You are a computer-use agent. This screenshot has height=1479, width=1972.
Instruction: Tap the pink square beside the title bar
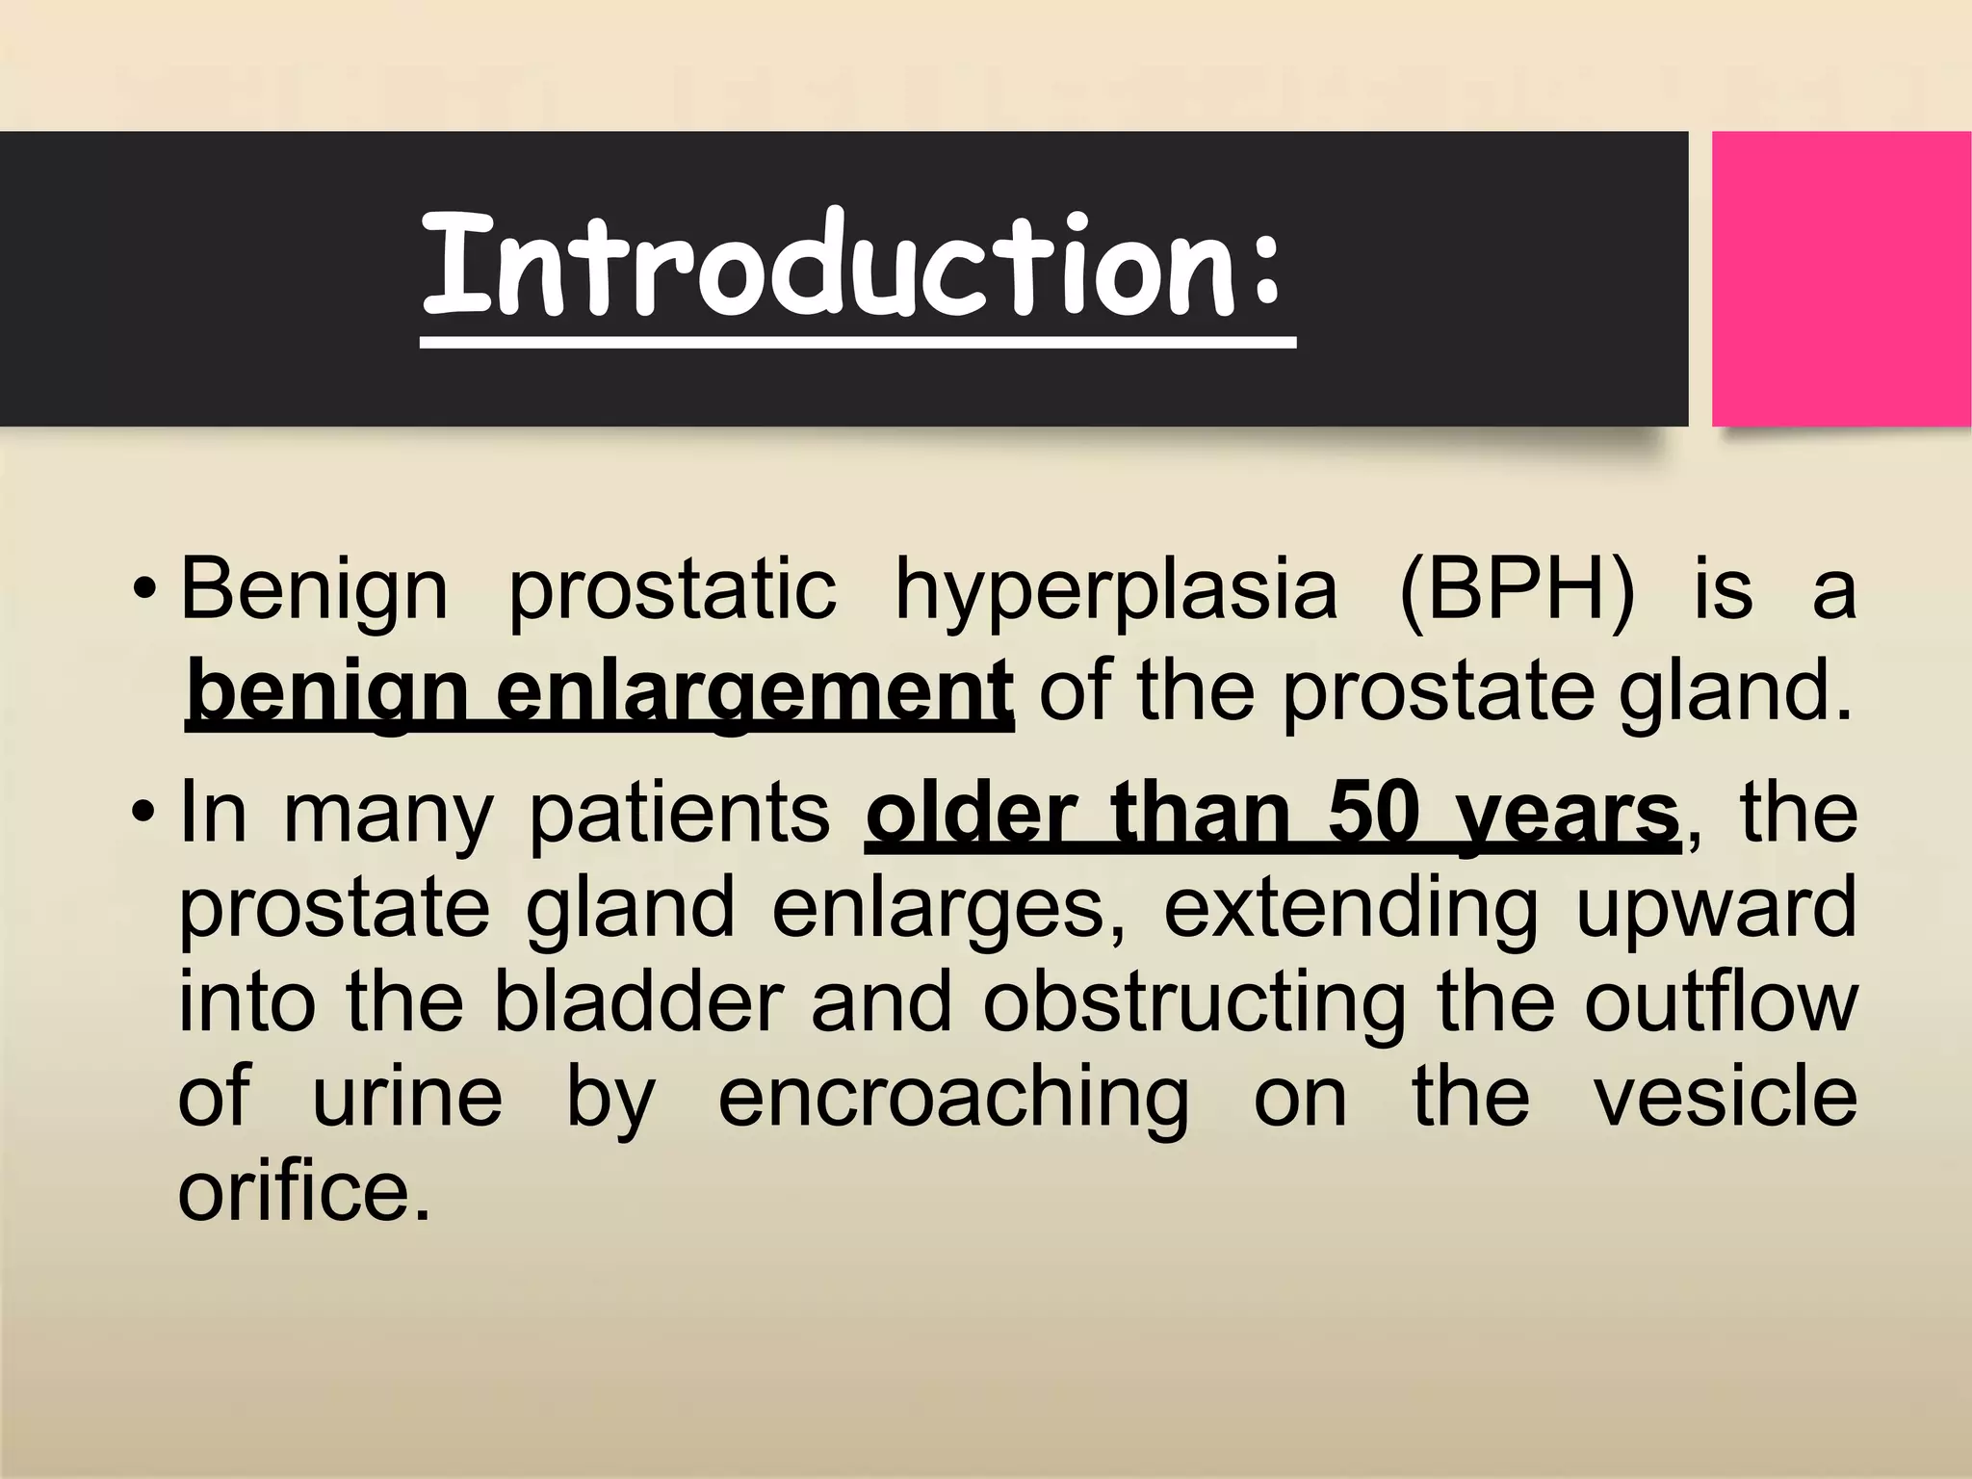pyautogui.click(x=1840, y=279)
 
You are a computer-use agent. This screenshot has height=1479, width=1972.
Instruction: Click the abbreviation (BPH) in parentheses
pyautogui.click(x=1516, y=589)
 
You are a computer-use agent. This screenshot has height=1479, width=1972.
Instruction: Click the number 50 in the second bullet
pyautogui.click(x=1373, y=814)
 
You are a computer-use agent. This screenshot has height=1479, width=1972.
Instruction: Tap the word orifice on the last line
pyautogui.click(x=302, y=1190)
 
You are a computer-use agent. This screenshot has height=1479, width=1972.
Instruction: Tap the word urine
pyautogui.click(x=406, y=1098)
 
